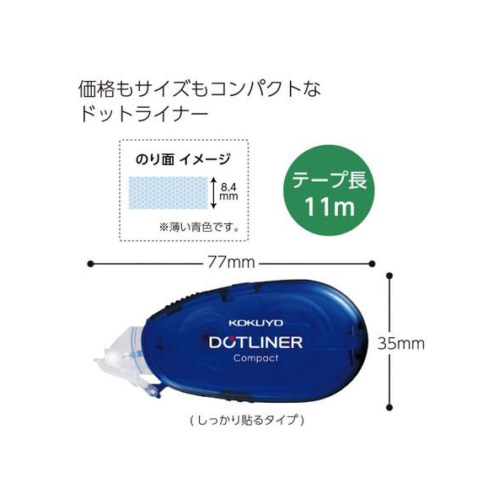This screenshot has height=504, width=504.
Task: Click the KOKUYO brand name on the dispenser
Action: pyautogui.click(x=256, y=323)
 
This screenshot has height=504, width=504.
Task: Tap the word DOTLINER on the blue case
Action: pyautogui.click(x=256, y=342)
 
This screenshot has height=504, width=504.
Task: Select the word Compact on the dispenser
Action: pyautogui.click(x=256, y=358)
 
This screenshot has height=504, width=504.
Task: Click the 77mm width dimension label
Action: pyautogui.click(x=231, y=263)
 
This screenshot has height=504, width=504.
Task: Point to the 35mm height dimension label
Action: pyautogui.click(x=401, y=343)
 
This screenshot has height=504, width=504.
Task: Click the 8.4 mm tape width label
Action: pyautogui.click(x=228, y=191)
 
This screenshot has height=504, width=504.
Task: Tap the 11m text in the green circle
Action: pyautogui.click(x=330, y=206)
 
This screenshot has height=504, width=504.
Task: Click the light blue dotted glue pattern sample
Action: pyautogui.click(x=168, y=192)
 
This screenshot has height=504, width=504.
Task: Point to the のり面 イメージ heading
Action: pyautogui.click(x=183, y=159)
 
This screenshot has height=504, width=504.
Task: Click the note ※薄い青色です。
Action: pyautogui.click(x=199, y=228)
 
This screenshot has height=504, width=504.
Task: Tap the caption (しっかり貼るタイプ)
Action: pyautogui.click(x=247, y=420)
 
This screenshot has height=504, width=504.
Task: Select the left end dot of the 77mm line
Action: pyautogui.click(x=90, y=264)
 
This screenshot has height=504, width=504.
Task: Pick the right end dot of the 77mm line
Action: pyautogui.click(x=372, y=264)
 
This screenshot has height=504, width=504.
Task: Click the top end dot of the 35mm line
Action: pyautogui.click(x=390, y=276)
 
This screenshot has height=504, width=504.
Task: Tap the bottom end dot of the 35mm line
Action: pyautogui.click(x=390, y=408)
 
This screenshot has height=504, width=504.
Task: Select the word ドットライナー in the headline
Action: pyautogui.click(x=145, y=114)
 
